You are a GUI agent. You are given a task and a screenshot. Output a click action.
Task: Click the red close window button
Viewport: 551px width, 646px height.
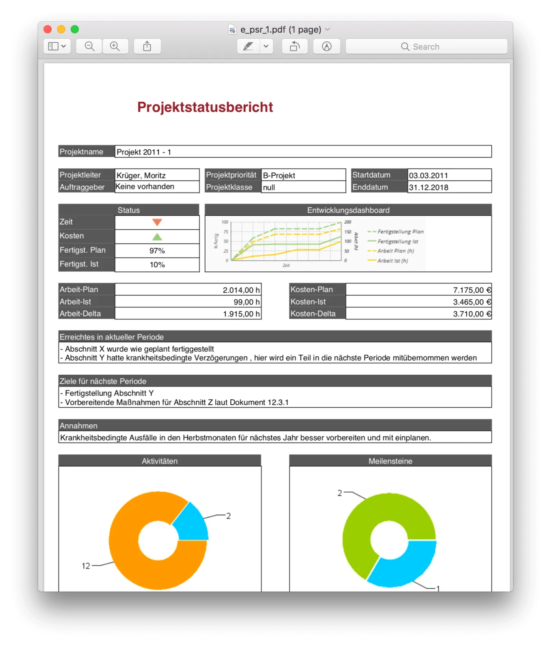coord(48,29)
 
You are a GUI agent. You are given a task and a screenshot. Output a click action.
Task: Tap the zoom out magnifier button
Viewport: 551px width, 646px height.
coord(90,46)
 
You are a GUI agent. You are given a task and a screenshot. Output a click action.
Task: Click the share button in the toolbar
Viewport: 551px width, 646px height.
coord(147,46)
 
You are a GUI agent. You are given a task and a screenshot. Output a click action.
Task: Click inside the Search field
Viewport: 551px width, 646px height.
coord(426,46)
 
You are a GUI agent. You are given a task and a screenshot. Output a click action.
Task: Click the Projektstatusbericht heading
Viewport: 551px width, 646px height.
coord(205,107)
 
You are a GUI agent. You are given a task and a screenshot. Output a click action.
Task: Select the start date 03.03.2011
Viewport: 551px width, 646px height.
coord(428,175)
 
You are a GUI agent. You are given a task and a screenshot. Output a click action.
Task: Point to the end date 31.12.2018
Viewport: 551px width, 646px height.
coord(428,187)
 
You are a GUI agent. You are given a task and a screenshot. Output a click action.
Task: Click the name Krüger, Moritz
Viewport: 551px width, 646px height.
coord(141,175)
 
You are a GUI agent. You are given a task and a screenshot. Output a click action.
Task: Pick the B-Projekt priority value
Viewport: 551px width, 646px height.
coord(279,175)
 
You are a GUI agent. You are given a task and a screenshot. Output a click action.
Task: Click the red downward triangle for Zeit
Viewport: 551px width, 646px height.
coord(157,222)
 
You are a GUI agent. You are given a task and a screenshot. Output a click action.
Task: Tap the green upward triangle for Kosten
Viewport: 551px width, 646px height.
coord(157,237)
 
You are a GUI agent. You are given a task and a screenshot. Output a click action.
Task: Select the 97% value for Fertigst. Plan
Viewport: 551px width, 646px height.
coord(157,251)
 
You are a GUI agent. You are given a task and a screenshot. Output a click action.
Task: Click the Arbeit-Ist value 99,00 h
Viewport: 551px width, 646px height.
coord(246,302)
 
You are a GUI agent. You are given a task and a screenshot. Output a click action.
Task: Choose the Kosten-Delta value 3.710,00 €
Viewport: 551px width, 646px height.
coord(472,314)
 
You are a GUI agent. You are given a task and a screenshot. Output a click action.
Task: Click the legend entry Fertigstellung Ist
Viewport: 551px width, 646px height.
coord(397,241)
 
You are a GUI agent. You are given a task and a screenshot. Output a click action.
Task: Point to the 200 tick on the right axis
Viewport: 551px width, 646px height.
coord(348,222)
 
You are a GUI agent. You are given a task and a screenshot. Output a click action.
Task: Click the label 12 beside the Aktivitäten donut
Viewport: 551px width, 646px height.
coord(86,566)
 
